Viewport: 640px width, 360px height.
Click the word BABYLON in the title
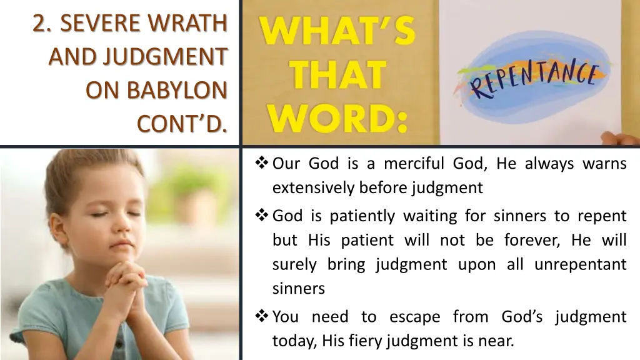177,91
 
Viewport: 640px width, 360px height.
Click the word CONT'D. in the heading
182,124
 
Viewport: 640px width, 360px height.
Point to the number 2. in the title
42,23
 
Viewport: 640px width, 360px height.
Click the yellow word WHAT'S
337,31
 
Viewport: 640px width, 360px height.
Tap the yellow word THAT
337,75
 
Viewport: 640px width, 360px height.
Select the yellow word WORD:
337,118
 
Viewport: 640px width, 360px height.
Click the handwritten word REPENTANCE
534,81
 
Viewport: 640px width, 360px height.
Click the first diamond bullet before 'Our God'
262,164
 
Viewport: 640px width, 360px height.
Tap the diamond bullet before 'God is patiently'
262,216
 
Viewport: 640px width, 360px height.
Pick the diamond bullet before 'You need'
262,317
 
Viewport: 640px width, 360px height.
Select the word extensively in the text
314,187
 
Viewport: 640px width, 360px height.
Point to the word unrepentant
580,264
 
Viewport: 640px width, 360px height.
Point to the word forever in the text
522,240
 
